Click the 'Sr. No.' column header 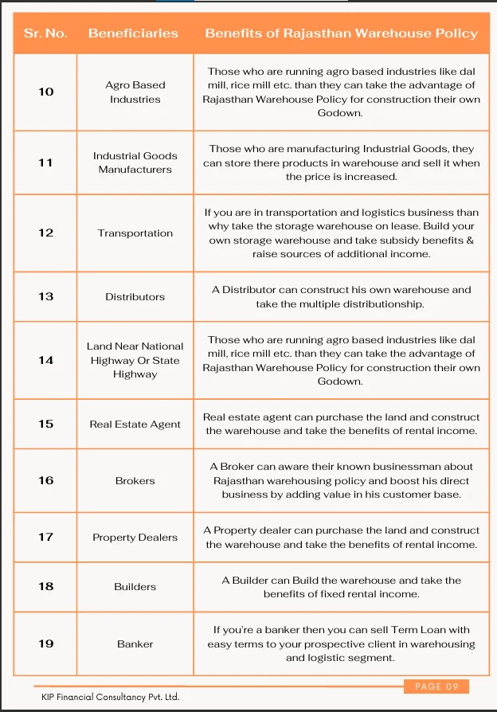(45, 33)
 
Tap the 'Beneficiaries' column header (133, 33)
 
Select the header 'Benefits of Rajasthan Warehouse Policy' (341, 33)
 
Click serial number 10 (46, 92)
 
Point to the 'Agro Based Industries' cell (135, 92)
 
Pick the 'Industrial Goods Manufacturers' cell (135, 162)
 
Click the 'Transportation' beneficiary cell (135, 233)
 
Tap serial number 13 (46, 296)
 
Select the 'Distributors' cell (135, 297)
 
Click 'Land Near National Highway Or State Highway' (135, 360)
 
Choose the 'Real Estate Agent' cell (135, 424)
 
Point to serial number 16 (46, 480)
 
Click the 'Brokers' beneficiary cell (135, 481)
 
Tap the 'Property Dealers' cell (135, 538)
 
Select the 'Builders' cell (135, 587)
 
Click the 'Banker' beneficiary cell (135, 644)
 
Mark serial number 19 (46, 644)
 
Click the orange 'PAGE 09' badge (436, 687)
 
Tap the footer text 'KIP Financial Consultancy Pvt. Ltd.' (110, 697)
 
